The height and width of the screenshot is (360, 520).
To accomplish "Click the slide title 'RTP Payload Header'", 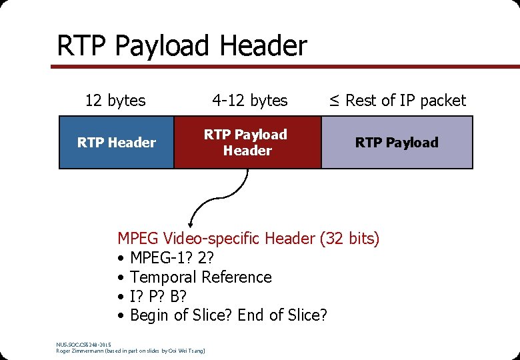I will (182, 46).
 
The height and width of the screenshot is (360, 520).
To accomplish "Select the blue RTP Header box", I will (117, 142).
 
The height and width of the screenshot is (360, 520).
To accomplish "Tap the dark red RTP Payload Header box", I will (247, 142).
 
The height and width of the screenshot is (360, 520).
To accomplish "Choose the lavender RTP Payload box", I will (397, 142).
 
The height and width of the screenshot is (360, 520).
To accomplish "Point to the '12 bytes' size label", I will (115, 101).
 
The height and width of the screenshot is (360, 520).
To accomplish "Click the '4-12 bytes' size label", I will (250, 101).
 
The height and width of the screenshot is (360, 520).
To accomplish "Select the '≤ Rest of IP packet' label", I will (397, 101).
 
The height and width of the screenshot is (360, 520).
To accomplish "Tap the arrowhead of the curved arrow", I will (192, 225).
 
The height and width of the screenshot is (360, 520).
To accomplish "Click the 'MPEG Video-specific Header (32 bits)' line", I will (248, 238).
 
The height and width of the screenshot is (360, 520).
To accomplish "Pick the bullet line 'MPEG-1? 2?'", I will (172, 257).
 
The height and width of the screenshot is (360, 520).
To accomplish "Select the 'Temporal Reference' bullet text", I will (201, 277).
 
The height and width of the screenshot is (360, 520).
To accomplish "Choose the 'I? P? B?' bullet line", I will (158, 296).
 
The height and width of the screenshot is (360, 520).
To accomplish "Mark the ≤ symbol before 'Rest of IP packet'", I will (334, 101).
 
